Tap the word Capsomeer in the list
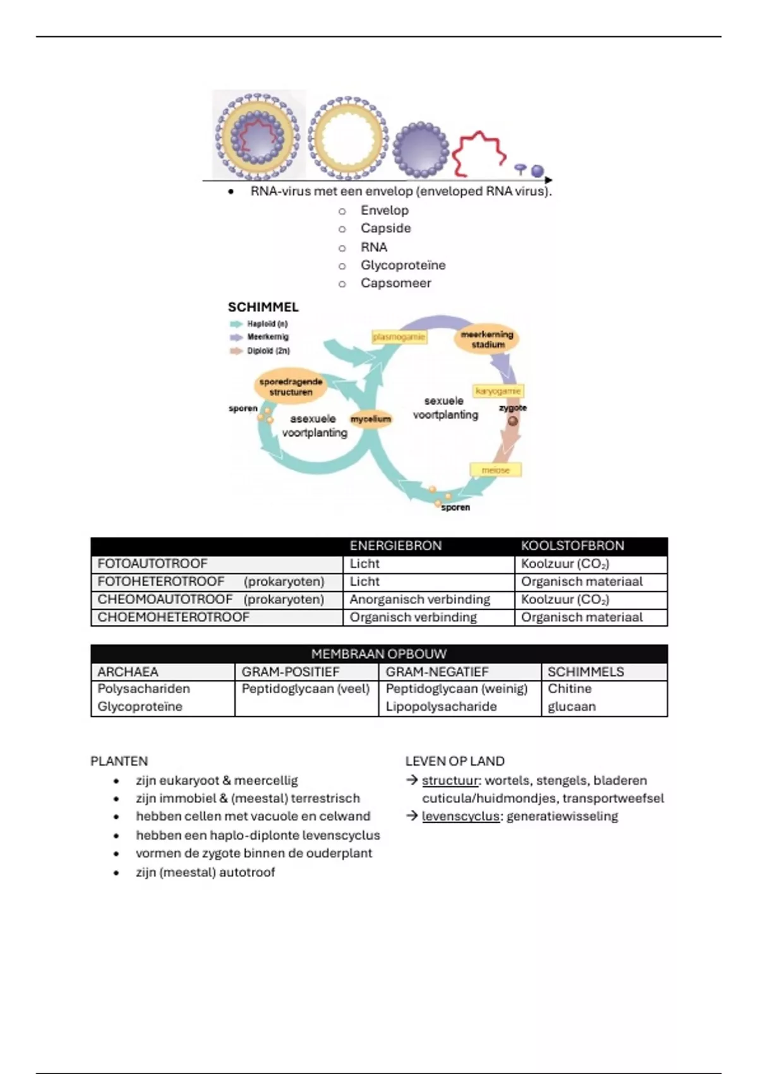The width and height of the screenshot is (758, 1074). coord(395,283)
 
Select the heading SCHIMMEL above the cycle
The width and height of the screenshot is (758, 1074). coord(263,307)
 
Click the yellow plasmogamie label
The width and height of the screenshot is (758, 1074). coord(399,337)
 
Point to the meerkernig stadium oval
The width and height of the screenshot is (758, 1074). coord(487,340)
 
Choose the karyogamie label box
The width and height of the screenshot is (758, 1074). coord(498,391)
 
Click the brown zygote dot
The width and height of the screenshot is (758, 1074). coord(513,421)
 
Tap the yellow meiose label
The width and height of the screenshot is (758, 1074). coord(495,470)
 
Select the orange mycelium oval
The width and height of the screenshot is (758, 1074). coord(371,419)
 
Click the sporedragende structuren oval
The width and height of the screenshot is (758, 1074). coord(291,387)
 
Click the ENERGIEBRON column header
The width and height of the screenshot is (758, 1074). coord(395,546)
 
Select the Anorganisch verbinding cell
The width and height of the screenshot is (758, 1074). coord(419,599)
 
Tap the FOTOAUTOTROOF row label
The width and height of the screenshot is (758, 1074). coord(152,564)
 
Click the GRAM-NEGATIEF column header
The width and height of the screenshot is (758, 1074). coord(436,672)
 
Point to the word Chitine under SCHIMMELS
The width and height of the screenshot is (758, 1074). coord(570,689)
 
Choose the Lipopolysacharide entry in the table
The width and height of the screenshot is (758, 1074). coord(441,706)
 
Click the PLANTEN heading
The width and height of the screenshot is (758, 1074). coord(119,761)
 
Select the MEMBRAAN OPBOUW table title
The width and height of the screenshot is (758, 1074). coord(378,654)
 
